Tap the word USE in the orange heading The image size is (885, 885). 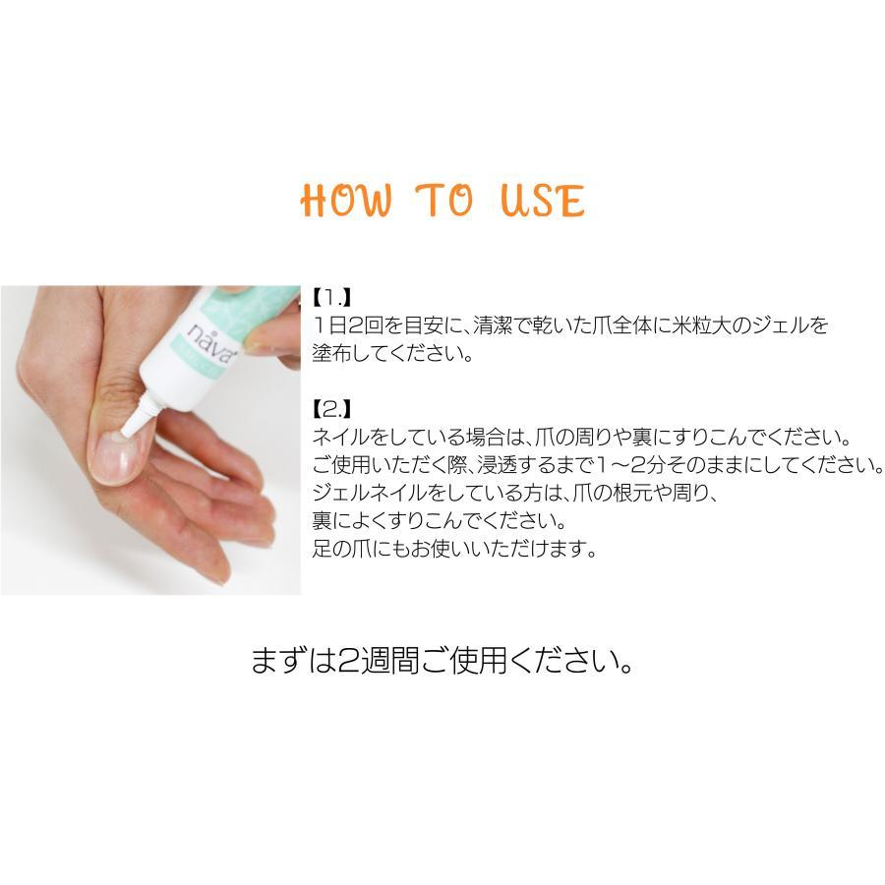542,200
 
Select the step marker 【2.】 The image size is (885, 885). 331,407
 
